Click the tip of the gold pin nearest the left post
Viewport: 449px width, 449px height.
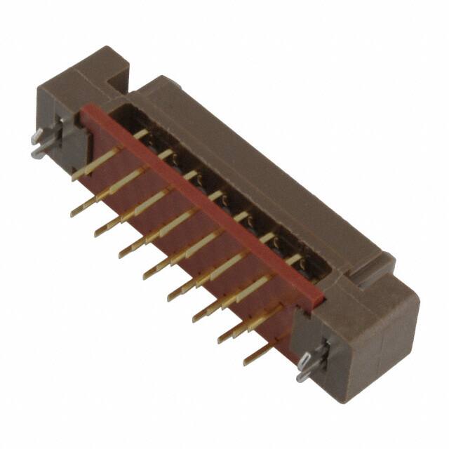(76, 177)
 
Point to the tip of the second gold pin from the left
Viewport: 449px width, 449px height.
(74, 212)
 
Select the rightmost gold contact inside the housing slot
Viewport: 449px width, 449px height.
(297, 259)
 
